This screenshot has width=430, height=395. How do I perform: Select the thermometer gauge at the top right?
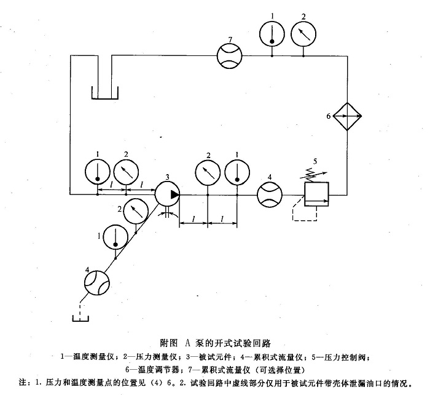point(271,33)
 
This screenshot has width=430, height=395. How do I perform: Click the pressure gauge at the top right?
point(303,33)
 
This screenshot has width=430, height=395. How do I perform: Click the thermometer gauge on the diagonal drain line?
point(114,237)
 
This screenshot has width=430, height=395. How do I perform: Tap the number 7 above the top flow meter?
point(229,39)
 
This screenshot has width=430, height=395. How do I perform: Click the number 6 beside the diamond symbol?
point(328,116)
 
